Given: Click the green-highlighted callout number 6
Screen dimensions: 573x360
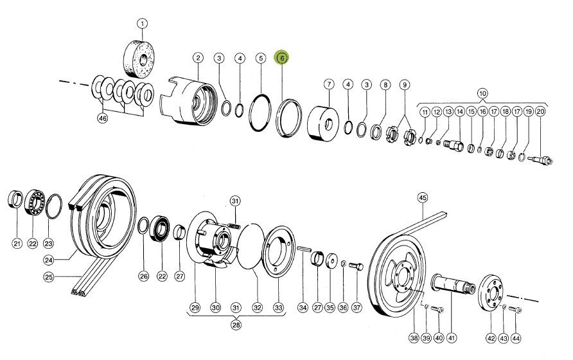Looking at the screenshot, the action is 282,58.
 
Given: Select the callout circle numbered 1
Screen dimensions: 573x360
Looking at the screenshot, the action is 143,24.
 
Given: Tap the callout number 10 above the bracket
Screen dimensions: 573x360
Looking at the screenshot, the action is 482,93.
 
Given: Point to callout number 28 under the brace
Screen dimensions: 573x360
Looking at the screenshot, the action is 236,325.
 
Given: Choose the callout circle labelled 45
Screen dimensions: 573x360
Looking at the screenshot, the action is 423,198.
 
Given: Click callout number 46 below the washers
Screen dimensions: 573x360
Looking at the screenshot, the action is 103,118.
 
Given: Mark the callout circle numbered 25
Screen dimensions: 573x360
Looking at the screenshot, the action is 49,277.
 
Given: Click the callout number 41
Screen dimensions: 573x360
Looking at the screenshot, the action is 452,337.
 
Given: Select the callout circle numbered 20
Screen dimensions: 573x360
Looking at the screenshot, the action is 540,112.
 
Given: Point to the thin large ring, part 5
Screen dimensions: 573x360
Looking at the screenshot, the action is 261,112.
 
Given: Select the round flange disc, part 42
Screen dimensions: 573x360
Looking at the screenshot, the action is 491,291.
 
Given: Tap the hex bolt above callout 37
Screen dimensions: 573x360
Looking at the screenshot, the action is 357,266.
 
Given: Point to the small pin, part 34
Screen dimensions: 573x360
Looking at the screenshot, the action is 304,249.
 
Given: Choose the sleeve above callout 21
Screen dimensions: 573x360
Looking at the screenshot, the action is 15,200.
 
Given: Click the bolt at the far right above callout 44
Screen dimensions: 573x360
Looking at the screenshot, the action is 515,310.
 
